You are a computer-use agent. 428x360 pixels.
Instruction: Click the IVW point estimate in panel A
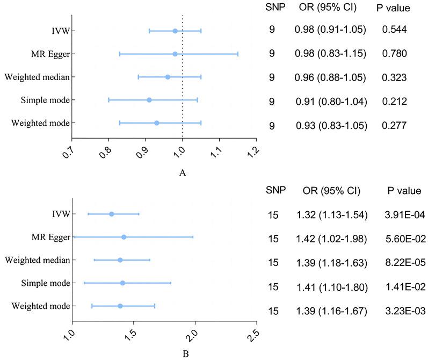175,31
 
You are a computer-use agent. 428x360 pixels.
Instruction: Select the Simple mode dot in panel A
149,100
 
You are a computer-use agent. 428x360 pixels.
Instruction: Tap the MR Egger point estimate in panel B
124,237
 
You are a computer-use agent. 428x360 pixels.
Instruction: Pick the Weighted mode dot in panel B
120,306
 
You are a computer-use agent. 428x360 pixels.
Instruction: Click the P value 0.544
395,31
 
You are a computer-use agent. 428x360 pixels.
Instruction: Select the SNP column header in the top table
273,8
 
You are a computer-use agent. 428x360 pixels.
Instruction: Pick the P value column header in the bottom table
403,191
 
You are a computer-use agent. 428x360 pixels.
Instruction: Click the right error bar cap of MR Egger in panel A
237,54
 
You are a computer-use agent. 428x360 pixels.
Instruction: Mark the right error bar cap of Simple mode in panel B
170,283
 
